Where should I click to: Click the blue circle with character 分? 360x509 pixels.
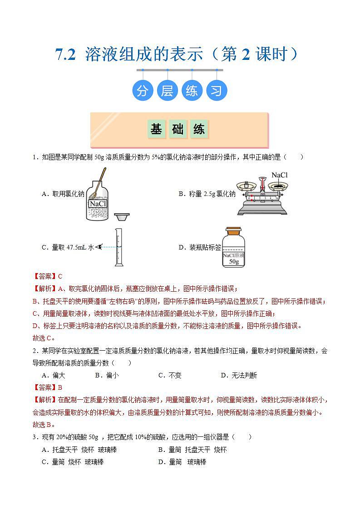tap(143, 91)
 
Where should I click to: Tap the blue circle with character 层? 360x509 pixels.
tap(167, 91)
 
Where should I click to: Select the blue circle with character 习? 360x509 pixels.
tap(217, 91)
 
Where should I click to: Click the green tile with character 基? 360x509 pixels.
tap(156, 129)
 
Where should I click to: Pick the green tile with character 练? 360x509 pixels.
tap(199, 129)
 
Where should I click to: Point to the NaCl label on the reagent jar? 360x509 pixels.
tap(98, 204)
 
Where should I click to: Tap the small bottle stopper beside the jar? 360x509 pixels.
tap(122, 217)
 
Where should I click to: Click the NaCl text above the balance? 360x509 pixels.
tap(279, 175)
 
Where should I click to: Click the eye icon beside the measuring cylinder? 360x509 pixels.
tap(98, 247)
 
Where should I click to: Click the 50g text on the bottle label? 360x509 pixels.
tap(234, 262)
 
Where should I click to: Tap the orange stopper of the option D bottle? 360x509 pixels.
tap(234, 230)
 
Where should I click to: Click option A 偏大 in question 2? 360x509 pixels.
tap(53, 375)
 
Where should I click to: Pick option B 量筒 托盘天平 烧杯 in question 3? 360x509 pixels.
tap(192, 450)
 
